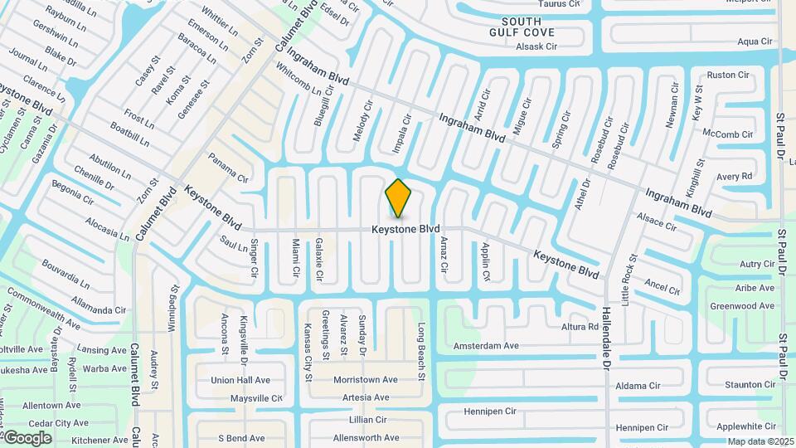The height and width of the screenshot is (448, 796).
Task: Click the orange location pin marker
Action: [398, 197]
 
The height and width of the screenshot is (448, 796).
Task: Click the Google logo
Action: [27, 437]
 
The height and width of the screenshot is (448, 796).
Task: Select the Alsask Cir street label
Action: [536, 47]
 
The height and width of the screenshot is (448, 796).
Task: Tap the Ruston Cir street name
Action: [727, 75]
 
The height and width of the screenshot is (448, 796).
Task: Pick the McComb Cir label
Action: [727, 134]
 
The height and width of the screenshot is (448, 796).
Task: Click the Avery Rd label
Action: [734, 176]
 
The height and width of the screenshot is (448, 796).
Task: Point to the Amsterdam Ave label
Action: [485, 345]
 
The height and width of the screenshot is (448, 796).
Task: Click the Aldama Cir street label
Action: [637, 386]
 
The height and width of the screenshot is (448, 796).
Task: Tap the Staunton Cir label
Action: [749, 385]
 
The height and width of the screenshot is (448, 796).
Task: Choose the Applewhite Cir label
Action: [745, 426]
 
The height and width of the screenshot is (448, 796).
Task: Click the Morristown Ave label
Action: [365, 379]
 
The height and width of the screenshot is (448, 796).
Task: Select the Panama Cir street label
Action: [228, 168]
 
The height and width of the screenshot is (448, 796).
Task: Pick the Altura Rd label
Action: [580, 327]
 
